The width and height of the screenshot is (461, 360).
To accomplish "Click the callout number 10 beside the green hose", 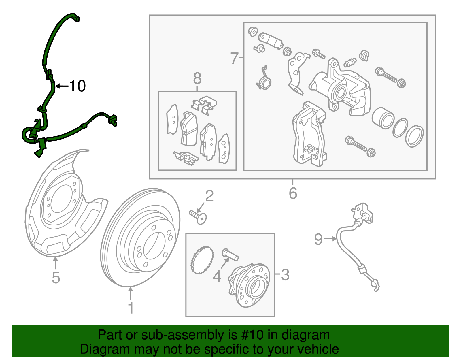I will [78, 86].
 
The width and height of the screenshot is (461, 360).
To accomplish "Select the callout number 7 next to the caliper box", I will [234, 58].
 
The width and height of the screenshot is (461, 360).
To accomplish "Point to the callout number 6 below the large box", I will [293, 193].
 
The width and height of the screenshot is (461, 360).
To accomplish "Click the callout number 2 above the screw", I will [209, 196].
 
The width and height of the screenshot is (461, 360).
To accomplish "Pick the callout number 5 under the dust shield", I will [56, 278].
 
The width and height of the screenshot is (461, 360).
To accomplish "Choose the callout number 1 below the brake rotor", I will [131, 308].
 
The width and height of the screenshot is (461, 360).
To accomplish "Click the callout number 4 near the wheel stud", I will [217, 276].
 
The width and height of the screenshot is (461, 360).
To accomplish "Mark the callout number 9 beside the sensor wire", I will [318, 239].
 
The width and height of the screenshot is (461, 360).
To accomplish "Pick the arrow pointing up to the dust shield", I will [55, 263].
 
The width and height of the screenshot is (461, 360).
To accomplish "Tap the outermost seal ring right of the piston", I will [414, 137].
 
